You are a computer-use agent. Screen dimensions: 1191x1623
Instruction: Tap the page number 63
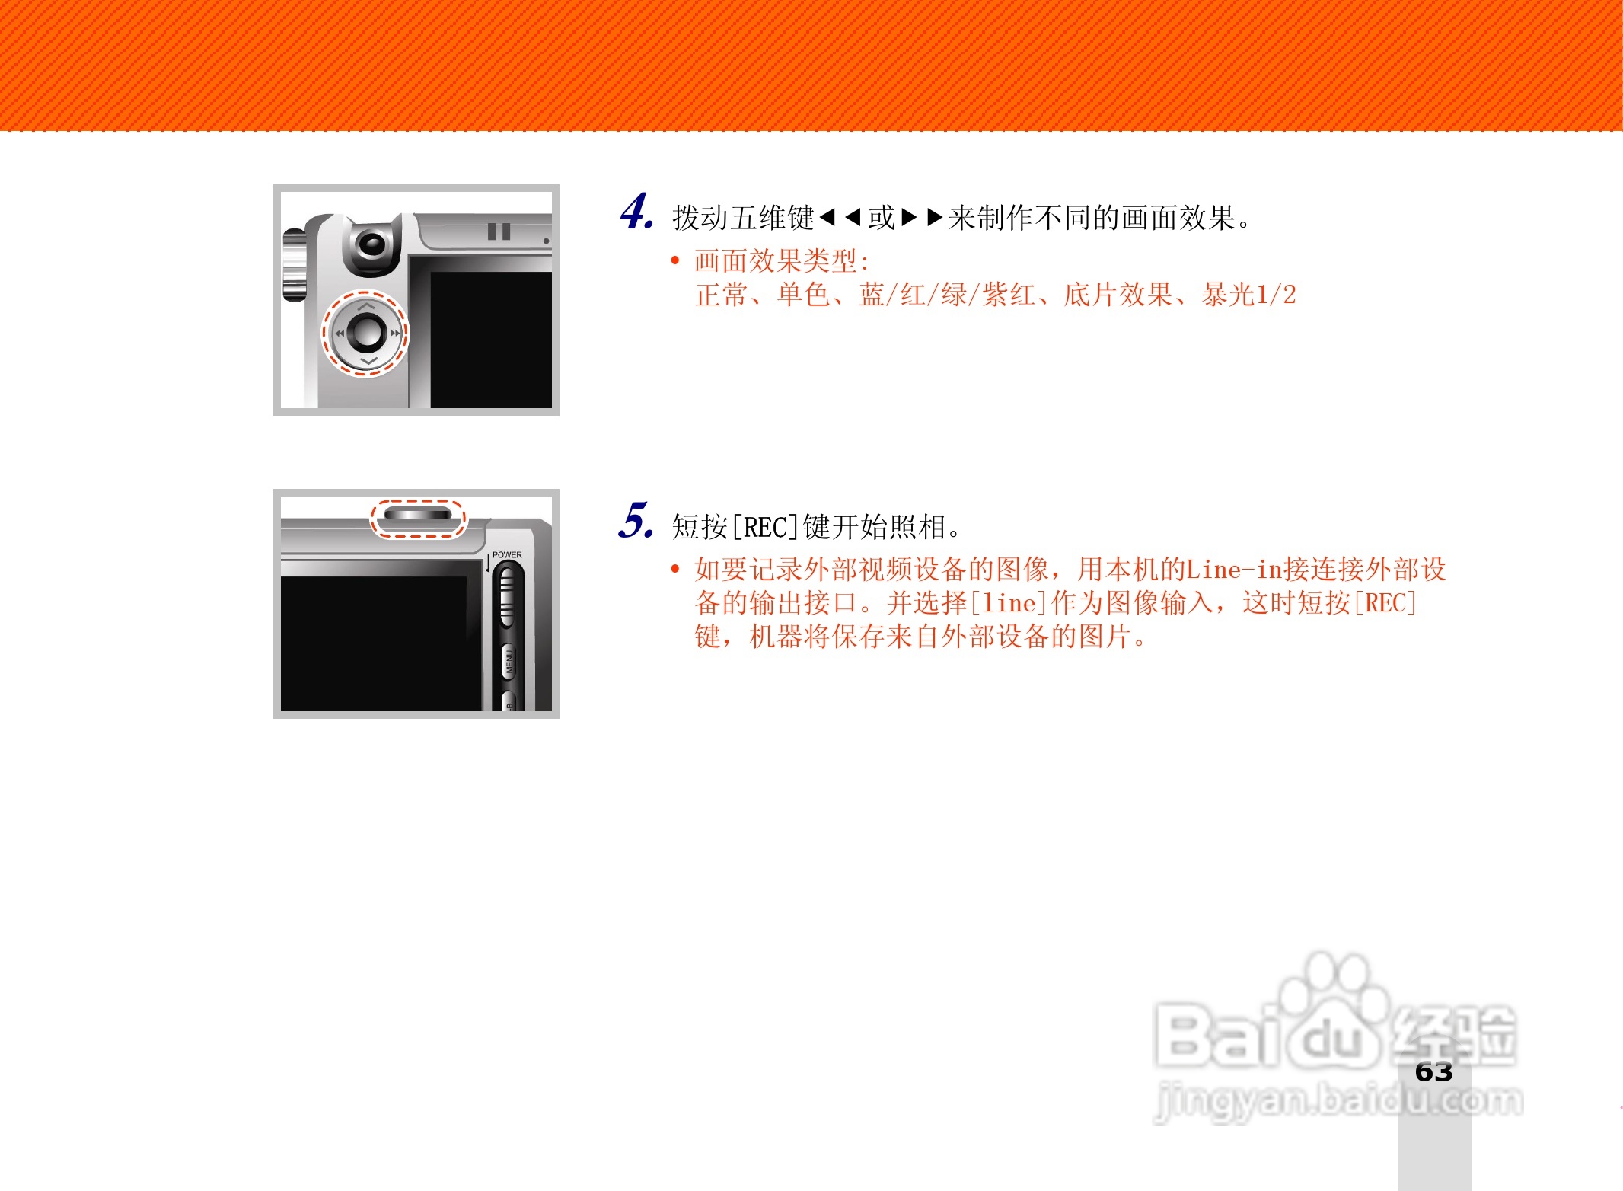pos(1433,1072)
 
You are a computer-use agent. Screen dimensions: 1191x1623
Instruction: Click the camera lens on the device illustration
pos(371,244)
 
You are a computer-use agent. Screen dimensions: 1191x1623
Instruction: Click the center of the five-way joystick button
pos(366,333)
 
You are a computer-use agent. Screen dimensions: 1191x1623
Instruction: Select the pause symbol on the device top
pos(499,231)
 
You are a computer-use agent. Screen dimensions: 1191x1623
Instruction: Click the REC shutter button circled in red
pos(418,515)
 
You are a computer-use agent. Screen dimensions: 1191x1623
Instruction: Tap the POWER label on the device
pos(507,554)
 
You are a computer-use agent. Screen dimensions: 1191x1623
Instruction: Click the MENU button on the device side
pos(509,661)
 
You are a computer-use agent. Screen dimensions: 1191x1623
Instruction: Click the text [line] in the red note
pos(1009,603)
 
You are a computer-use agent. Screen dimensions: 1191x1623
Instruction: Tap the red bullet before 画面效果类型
pos(674,261)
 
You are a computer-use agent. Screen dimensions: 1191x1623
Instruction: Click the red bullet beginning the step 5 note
pos(674,569)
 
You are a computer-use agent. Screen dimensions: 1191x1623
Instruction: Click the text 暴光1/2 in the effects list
pos(1248,295)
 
